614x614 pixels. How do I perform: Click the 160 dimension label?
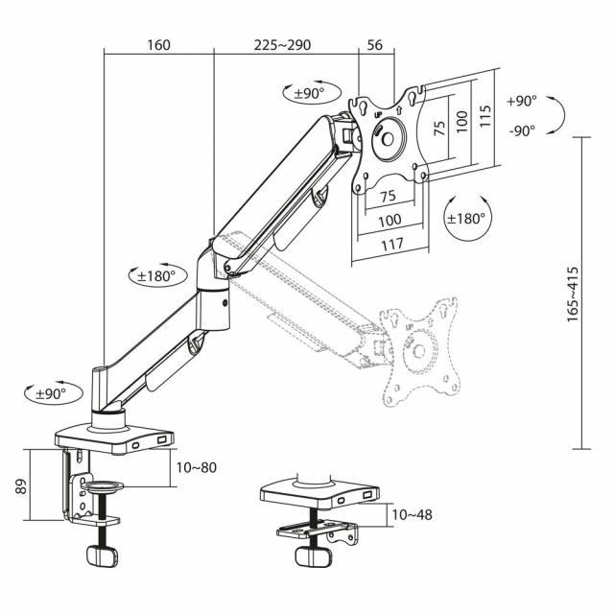(159, 45)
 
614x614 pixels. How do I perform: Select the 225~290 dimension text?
(282, 45)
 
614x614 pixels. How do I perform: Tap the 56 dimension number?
(375, 45)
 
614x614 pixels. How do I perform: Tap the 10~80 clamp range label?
(195, 467)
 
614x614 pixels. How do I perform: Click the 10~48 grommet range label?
(412, 514)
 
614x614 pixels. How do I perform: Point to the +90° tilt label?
(522, 101)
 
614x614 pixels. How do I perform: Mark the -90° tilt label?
(522, 131)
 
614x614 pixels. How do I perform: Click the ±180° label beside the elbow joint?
(155, 275)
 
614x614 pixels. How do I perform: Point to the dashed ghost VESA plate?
(420, 351)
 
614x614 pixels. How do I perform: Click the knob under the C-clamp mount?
(100, 557)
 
